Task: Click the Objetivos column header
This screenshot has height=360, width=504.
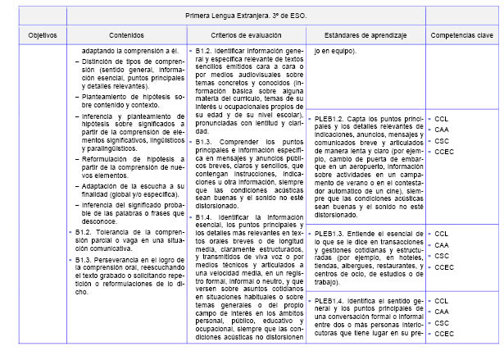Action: coord(42,36)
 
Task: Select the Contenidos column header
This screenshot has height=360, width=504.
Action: coord(125,36)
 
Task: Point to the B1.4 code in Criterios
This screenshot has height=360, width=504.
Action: coord(204,194)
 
